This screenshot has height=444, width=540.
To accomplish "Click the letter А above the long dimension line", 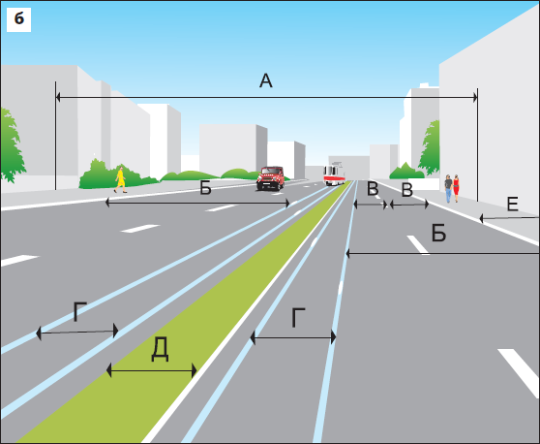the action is tap(266, 80).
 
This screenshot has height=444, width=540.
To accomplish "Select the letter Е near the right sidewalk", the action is tap(513, 204).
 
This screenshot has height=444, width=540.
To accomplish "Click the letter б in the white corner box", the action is tap(19, 18).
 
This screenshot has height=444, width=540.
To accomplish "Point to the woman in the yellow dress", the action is tap(120, 179).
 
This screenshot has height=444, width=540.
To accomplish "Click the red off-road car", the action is tap(271, 178).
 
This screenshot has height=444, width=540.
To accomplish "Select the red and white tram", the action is tap(334, 174).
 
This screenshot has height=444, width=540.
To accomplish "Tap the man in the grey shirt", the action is tap(448, 188).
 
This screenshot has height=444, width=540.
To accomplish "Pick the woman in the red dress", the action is tap(456, 188).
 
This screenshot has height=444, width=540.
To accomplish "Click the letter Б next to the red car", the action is tap(205, 189).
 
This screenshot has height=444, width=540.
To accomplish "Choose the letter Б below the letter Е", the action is tap(438, 234).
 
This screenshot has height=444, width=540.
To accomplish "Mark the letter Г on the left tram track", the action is tap(80, 311).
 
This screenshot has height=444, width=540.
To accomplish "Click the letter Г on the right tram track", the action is tap(298, 318).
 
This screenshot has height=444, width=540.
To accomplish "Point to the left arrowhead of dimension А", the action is tap(58, 98).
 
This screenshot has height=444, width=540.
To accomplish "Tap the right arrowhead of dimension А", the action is tap(475, 98).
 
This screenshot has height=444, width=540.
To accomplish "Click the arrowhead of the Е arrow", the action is tap(482, 219).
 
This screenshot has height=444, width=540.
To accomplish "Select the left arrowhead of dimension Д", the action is tap(108, 370).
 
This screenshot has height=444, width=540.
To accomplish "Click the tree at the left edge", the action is tap(12, 145).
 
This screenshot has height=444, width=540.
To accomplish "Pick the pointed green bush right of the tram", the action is tap(406, 171).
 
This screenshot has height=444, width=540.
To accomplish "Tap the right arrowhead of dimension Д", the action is tap(195, 371).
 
